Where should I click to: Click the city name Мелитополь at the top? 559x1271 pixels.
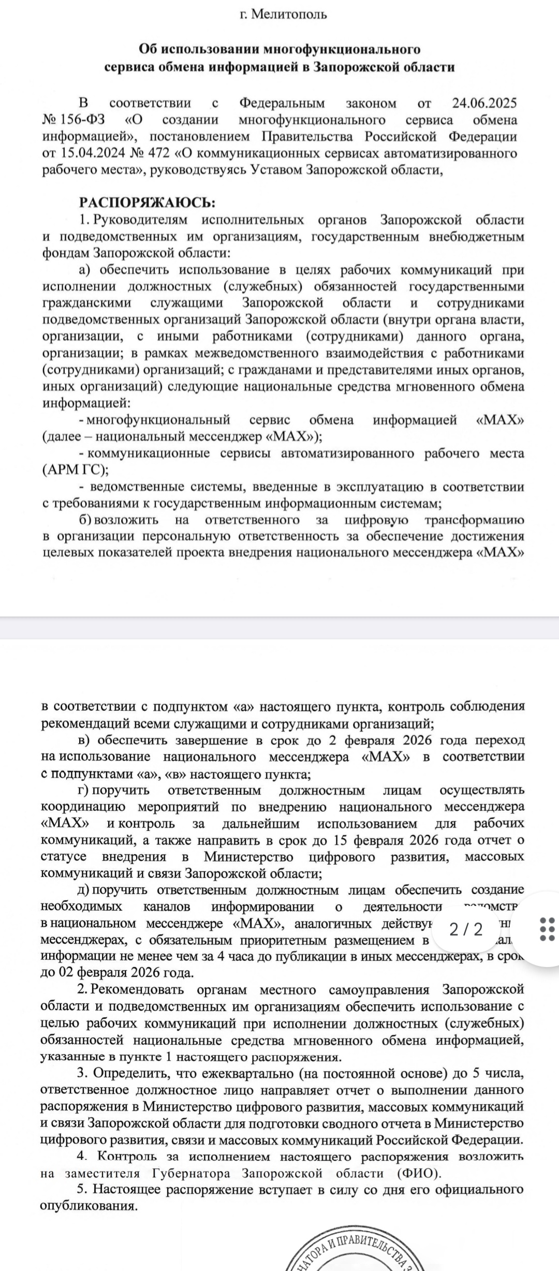pos(289,14)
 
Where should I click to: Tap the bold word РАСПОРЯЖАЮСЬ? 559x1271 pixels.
pos(146,202)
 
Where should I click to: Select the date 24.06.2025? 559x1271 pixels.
pos(484,103)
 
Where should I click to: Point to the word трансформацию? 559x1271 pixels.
pos(474,520)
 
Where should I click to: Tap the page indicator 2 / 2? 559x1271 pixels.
pos(466,929)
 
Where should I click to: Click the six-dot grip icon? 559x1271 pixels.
pos(547,929)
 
